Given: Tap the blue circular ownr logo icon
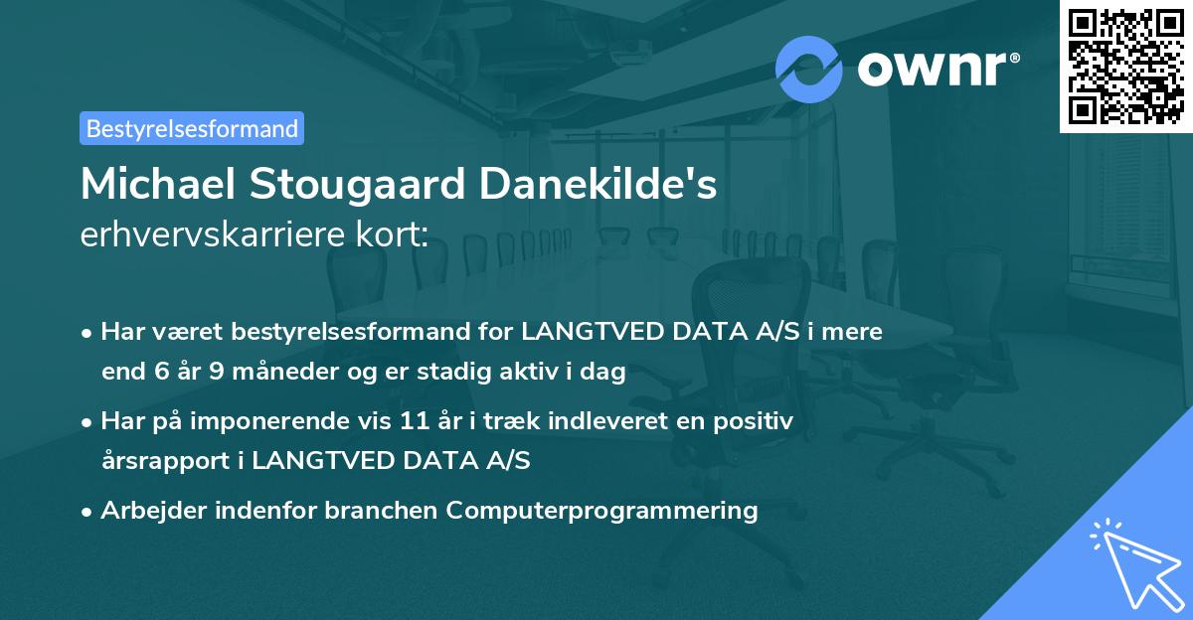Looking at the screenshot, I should point(809,69).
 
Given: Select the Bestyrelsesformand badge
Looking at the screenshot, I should point(192,128).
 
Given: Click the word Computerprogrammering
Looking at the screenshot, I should point(601,511).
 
